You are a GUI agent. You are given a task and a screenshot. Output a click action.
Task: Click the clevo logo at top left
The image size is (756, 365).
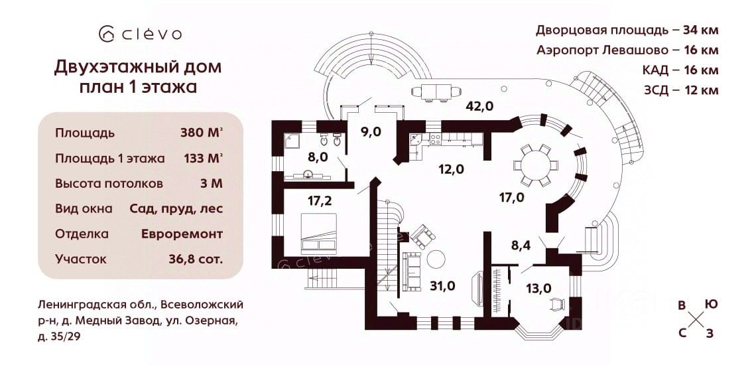[139, 33]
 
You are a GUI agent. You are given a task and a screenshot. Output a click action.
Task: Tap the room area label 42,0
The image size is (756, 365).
[479, 105]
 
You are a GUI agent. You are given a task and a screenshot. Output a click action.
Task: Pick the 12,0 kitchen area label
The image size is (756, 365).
[450, 169]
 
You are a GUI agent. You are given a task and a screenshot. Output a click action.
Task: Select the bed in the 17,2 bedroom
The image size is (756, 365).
[322, 232]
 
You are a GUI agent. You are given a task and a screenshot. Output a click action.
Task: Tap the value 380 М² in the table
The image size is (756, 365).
[201, 132]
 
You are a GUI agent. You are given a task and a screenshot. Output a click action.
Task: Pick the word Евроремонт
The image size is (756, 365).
[182, 234]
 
